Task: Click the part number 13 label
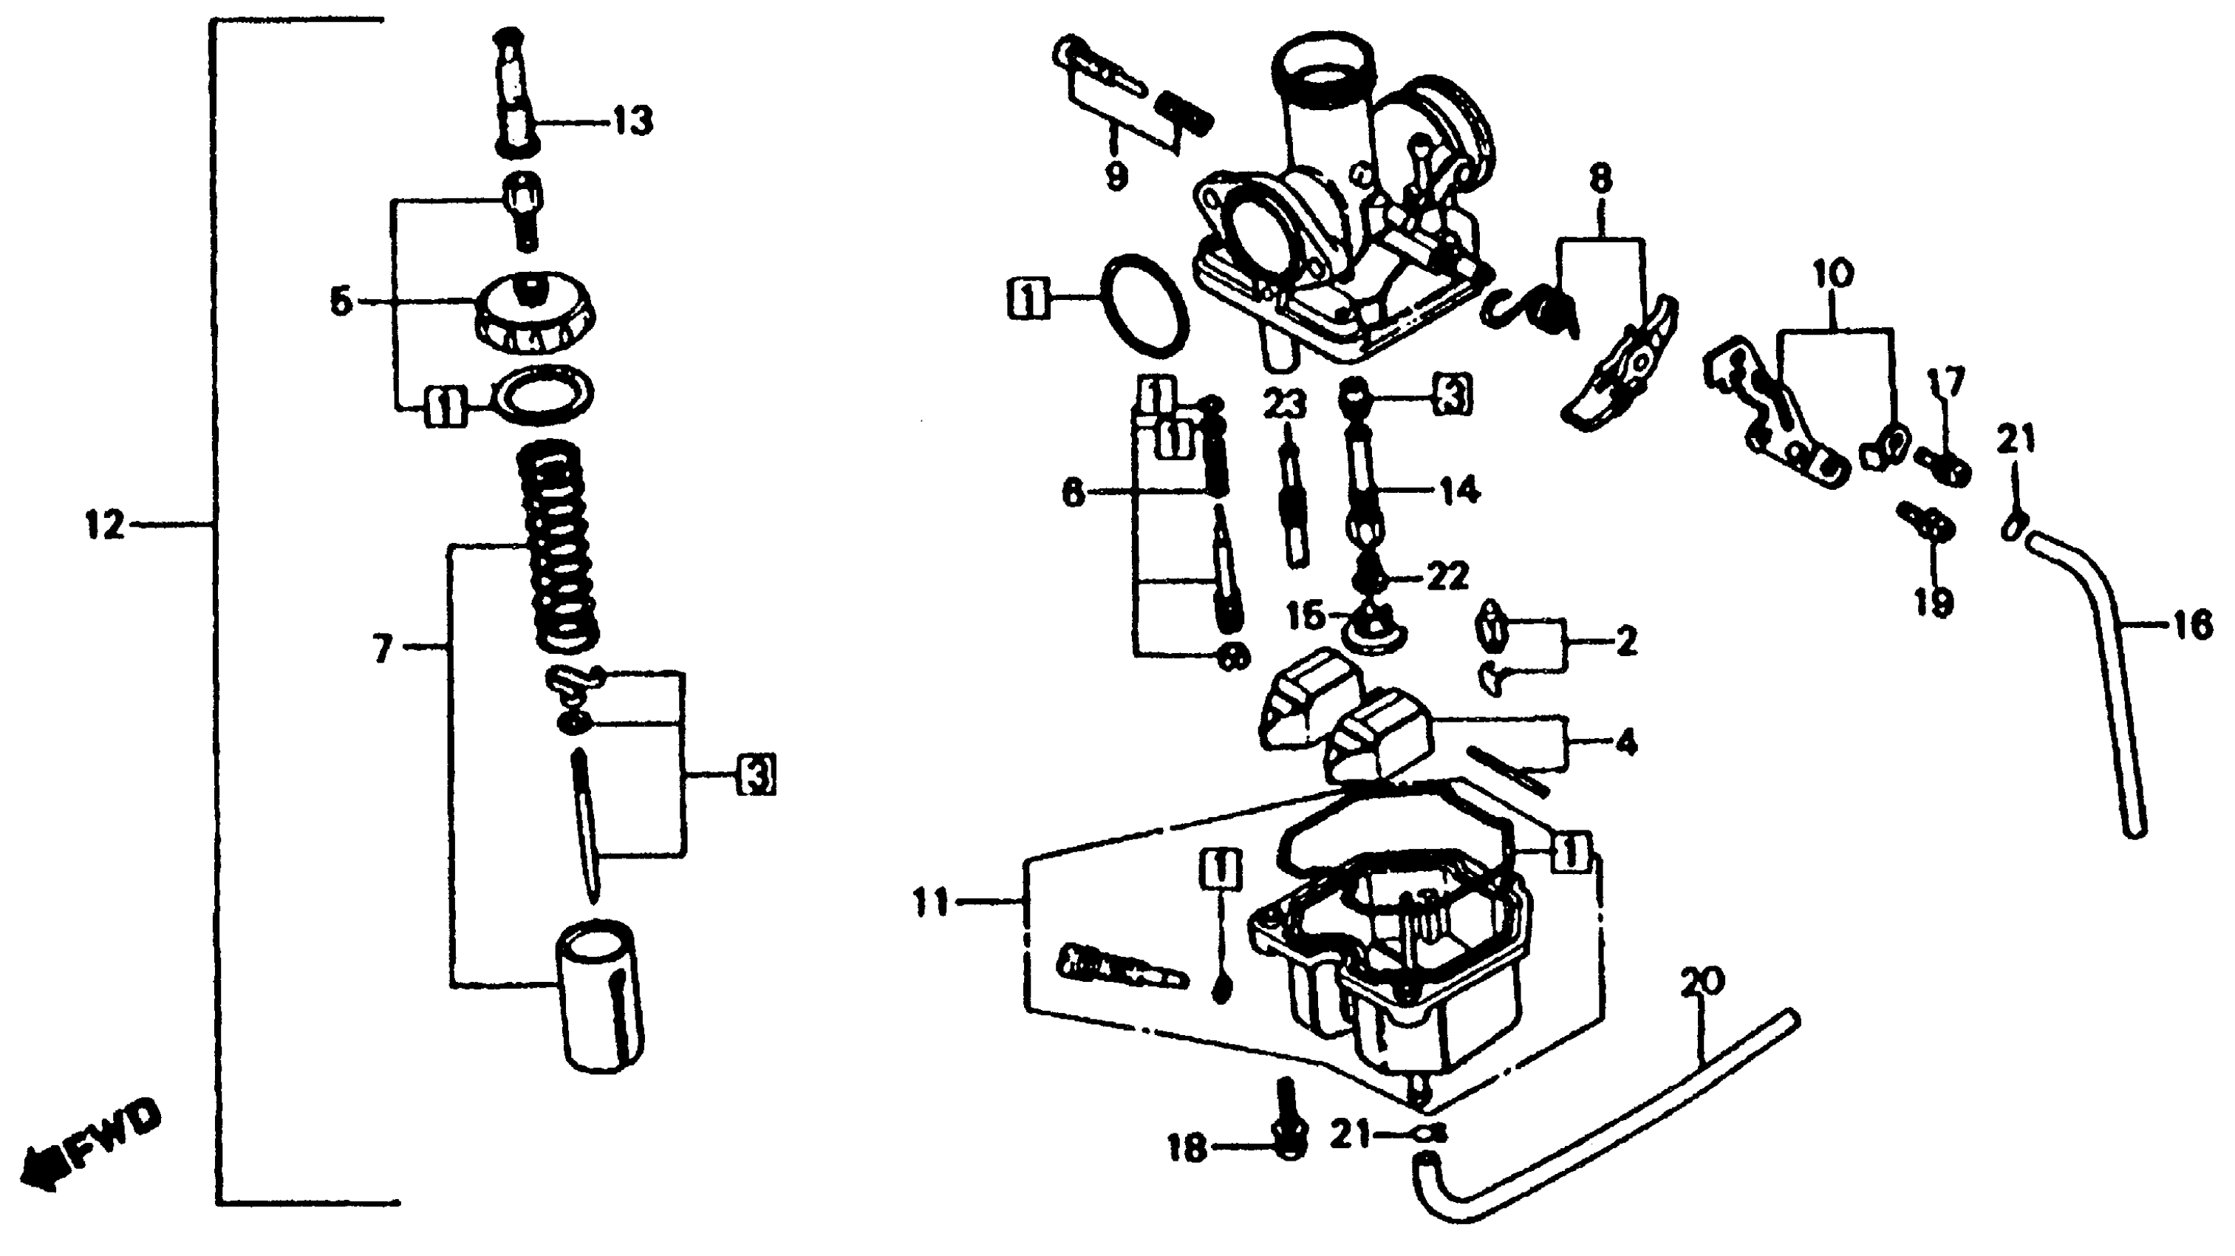click(632, 121)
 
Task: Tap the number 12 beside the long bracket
click(105, 525)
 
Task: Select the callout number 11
click(932, 903)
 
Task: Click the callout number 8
click(1601, 180)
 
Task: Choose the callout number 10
click(1832, 274)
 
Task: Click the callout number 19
click(1932, 601)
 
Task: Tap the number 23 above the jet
click(1284, 404)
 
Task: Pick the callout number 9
click(1116, 175)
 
